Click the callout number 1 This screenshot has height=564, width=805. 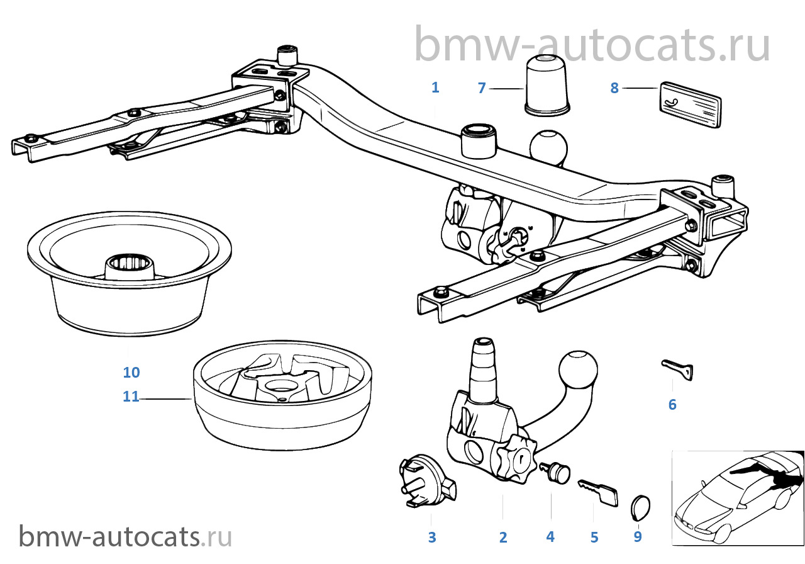pyautogui.click(x=435, y=87)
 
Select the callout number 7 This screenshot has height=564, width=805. pyautogui.click(x=482, y=88)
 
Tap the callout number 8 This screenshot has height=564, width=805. pyautogui.click(x=614, y=88)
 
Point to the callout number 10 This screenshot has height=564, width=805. pyautogui.click(x=131, y=372)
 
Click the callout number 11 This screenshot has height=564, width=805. pyautogui.click(x=131, y=397)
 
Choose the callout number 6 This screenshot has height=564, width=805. pyautogui.click(x=672, y=404)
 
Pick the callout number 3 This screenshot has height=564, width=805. pyautogui.click(x=432, y=537)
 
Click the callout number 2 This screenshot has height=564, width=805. pyautogui.click(x=503, y=537)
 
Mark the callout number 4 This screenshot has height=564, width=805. pyautogui.click(x=550, y=537)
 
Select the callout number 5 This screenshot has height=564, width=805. pyautogui.click(x=594, y=537)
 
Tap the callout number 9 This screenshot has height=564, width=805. pyautogui.click(x=638, y=536)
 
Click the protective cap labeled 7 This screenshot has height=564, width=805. pyautogui.click(x=547, y=86)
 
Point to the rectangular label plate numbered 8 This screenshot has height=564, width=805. pyautogui.click(x=690, y=104)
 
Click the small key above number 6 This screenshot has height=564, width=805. pyautogui.click(x=677, y=369)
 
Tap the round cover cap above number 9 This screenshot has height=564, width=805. pyautogui.click(x=640, y=507)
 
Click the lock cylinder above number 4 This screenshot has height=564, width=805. pyautogui.click(x=555, y=473)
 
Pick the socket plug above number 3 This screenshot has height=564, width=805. pyautogui.click(x=427, y=480)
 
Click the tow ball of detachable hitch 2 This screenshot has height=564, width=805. pyautogui.click(x=578, y=370)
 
